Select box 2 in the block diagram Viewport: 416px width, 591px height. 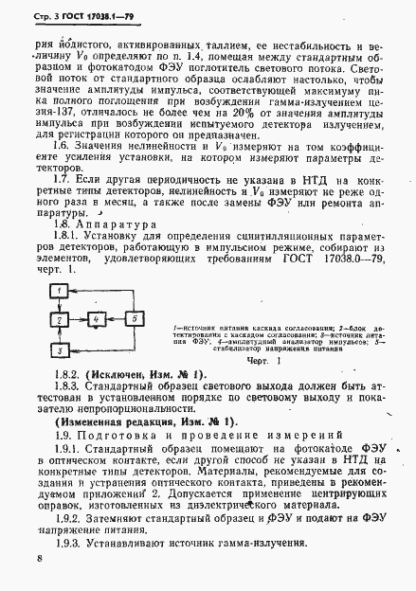(61, 320)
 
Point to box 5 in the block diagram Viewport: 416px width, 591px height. (136, 320)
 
